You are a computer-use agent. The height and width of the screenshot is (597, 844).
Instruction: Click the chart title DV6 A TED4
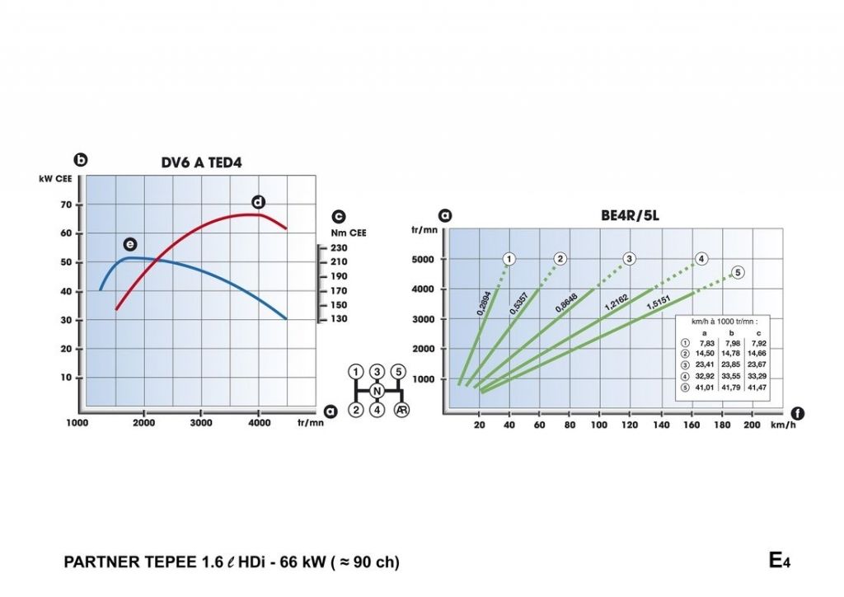(x=201, y=162)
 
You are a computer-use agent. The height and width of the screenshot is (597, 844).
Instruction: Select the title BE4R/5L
(x=629, y=217)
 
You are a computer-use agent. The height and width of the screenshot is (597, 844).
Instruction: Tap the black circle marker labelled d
(x=258, y=202)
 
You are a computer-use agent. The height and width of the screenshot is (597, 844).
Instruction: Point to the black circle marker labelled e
(x=130, y=244)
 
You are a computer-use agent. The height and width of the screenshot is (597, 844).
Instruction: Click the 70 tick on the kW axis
(x=67, y=204)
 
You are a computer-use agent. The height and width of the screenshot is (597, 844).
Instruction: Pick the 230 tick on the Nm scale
(x=338, y=247)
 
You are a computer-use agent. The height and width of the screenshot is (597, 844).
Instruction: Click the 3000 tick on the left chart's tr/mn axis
(x=201, y=422)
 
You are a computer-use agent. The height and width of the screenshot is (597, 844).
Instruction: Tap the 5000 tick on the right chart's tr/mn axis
(x=424, y=259)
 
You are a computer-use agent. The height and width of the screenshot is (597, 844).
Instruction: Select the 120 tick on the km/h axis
(x=630, y=425)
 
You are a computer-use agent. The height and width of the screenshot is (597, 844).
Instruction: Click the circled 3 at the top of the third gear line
(x=629, y=259)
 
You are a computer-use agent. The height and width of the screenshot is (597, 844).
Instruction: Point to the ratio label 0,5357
(x=519, y=303)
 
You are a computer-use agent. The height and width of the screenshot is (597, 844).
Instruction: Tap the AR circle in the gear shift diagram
(x=401, y=410)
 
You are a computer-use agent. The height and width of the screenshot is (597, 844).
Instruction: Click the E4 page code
(x=779, y=561)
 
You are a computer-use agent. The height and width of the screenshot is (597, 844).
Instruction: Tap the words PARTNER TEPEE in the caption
(x=130, y=562)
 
